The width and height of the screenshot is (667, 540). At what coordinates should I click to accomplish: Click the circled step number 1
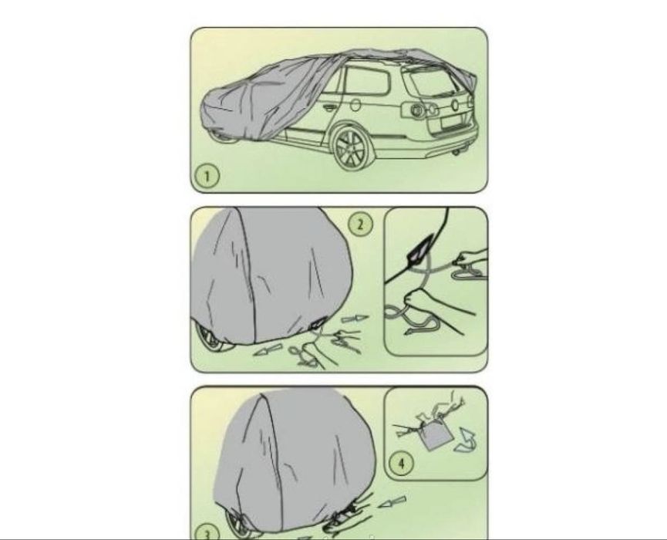tap(207, 176)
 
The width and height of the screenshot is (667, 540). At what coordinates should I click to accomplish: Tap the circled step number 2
tap(361, 224)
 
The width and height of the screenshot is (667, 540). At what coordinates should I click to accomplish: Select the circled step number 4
tap(402, 463)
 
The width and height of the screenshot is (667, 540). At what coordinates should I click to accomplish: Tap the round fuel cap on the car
tap(355, 104)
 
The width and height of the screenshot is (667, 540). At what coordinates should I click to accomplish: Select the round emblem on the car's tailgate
tap(455, 105)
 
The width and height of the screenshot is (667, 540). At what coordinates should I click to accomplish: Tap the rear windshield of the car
tap(431, 83)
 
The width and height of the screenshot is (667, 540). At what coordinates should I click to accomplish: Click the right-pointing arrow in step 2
tap(355, 319)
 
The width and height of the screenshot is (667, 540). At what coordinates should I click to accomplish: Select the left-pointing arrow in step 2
tap(268, 349)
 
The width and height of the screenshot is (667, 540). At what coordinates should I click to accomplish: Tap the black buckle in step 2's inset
tap(419, 249)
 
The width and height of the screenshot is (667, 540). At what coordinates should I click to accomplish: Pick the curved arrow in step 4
tap(465, 440)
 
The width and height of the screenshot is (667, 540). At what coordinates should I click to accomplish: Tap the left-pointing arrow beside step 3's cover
tap(392, 501)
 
